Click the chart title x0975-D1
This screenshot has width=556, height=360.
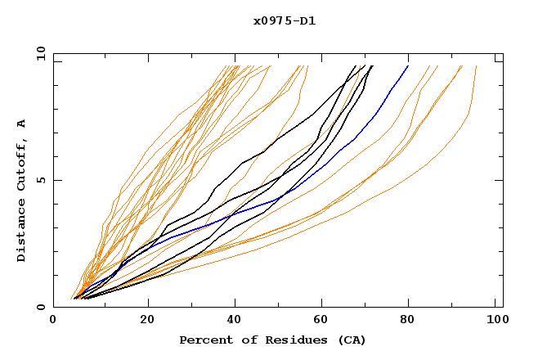click(285, 21)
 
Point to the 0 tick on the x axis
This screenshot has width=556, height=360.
click(53, 321)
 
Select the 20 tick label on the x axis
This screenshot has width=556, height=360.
click(146, 321)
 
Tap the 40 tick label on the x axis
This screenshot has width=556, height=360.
click(235, 321)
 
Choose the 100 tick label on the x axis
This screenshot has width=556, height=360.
click(495, 321)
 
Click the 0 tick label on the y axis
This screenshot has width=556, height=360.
click(41, 308)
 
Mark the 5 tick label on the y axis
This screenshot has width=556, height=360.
click(41, 180)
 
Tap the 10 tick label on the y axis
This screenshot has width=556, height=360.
click(38, 53)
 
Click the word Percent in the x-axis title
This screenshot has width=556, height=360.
click(205, 340)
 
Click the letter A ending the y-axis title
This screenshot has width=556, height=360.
click(21, 123)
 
